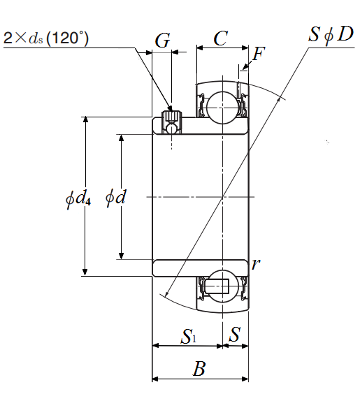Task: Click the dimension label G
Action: tap(163, 41)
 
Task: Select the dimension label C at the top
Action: tap(221, 38)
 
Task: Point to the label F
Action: tap(259, 54)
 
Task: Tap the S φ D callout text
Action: tap(331, 34)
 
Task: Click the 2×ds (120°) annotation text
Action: tap(46, 38)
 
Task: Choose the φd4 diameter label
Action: tap(78, 199)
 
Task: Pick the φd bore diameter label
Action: tap(115, 197)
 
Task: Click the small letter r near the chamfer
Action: tap(256, 264)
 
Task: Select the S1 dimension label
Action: tap(188, 336)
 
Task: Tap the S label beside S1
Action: tap(235, 334)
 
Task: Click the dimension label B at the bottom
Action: tap(199, 369)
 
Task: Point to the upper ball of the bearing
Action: tap(222, 108)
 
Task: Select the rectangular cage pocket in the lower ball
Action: tap(217, 286)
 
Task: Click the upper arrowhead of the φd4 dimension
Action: tap(85, 119)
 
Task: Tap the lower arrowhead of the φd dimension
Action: tap(121, 256)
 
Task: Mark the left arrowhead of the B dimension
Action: tap(156, 379)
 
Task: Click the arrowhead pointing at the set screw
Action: tap(170, 108)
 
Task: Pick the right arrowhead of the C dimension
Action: tap(245, 48)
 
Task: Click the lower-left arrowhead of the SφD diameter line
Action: tap(166, 293)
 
